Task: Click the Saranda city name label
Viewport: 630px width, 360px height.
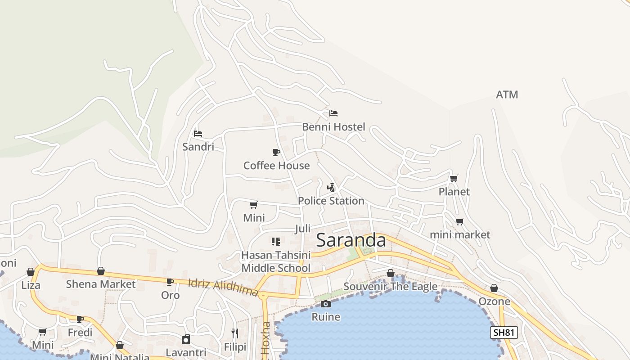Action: tap(351, 240)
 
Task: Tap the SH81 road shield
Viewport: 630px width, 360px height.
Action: tap(504, 333)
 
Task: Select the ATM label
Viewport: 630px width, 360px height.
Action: tap(507, 94)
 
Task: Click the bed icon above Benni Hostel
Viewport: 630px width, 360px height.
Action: tap(333, 113)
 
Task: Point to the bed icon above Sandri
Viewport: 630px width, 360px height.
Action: tap(198, 133)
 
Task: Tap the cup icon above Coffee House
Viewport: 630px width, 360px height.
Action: tap(276, 152)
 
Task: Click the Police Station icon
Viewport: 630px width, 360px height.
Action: tap(331, 187)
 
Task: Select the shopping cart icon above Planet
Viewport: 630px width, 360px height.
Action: tap(454, 178)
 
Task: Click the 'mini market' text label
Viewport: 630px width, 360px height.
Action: tap(459, 234)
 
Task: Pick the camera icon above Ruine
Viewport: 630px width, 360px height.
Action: tap(326, 304)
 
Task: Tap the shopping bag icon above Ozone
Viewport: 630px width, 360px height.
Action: tap(494, 288)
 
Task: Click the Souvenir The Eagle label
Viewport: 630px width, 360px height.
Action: tap(390, 286)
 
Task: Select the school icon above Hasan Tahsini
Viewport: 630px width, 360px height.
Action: tap(276, 241)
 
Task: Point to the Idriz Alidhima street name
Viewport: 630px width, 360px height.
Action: tap(223, 288)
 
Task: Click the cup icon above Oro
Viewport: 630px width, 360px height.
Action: tap(170, 282)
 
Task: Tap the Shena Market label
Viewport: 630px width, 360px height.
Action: tap(100, 284)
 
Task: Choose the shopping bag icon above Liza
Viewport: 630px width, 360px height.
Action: tap(31, 272)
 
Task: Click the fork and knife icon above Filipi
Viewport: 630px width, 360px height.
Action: tap(234, 333)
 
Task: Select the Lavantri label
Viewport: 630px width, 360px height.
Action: tap(186, 352)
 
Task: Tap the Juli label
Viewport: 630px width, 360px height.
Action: tap(302, 229)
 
